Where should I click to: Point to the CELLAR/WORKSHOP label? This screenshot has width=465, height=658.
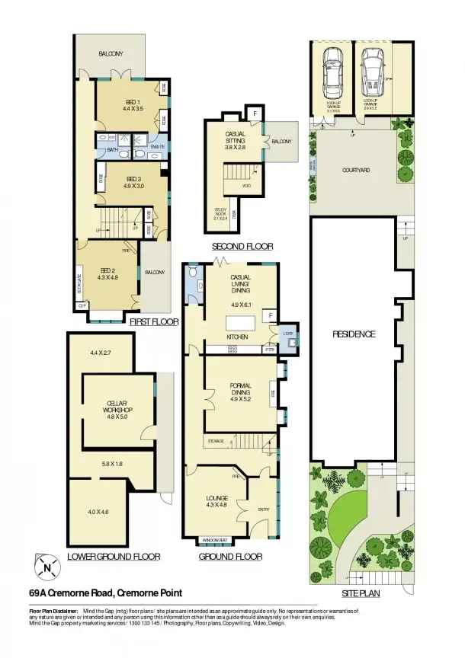(111, 406)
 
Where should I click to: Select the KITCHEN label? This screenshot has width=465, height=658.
(239, 337)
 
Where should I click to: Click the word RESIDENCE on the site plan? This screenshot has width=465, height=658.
(354, 334)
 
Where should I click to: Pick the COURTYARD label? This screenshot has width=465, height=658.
(355, 171)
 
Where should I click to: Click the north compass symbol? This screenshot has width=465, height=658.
(48, 567)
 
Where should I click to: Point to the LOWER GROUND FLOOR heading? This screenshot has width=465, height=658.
(114, 557)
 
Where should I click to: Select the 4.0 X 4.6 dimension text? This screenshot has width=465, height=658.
(99, 511)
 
